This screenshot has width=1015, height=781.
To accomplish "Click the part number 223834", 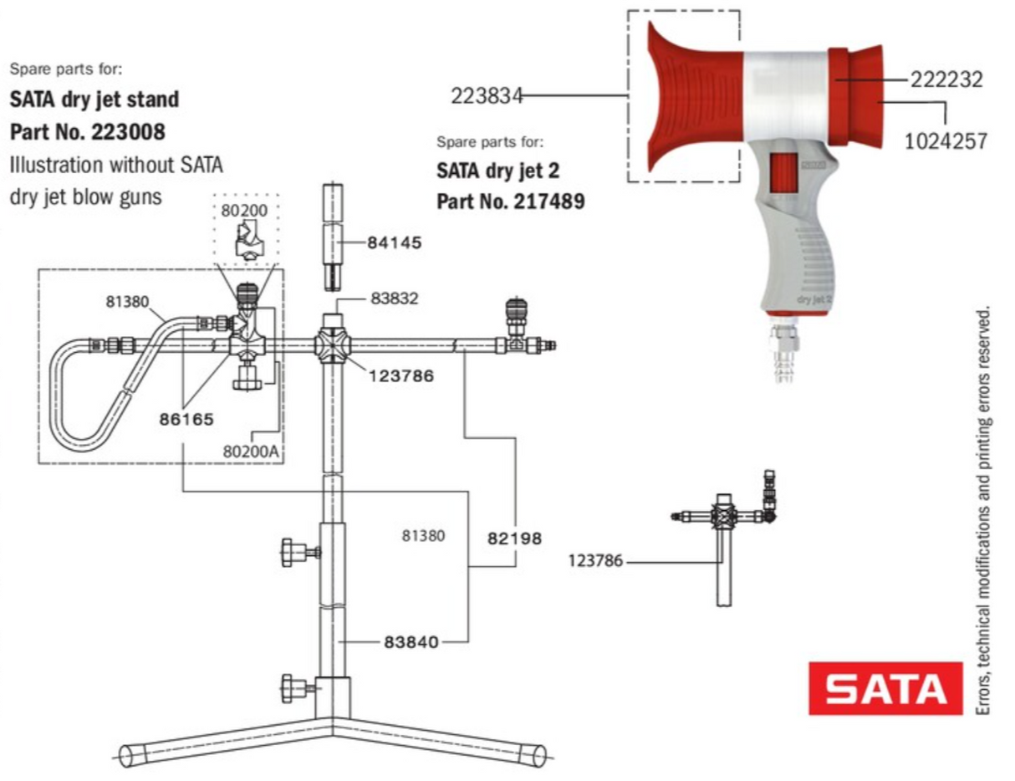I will pyautogui.click(x=487, y=96).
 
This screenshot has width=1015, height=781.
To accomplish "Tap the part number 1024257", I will pyautogui.click(x=946, y=141).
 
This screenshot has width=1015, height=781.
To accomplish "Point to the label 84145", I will pyautogui.click(x=394, y=243).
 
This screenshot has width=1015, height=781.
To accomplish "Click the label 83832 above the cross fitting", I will pyautogui.click(x=394, y=299).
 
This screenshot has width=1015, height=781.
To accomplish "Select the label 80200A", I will pyautogui.click(x=252, y=451).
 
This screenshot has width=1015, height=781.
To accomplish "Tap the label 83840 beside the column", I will pyautogui.click(x=410, y=642).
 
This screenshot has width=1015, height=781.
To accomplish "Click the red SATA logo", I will pyautogui.click(x=885, y=688).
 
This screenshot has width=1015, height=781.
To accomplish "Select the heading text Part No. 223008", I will pyautogui.click(x=87, y=131).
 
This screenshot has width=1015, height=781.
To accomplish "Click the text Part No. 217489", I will pyautogui.click(x=510, y=202).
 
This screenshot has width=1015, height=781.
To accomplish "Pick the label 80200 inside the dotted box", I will pyautogui.click(x=244, y=210).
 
